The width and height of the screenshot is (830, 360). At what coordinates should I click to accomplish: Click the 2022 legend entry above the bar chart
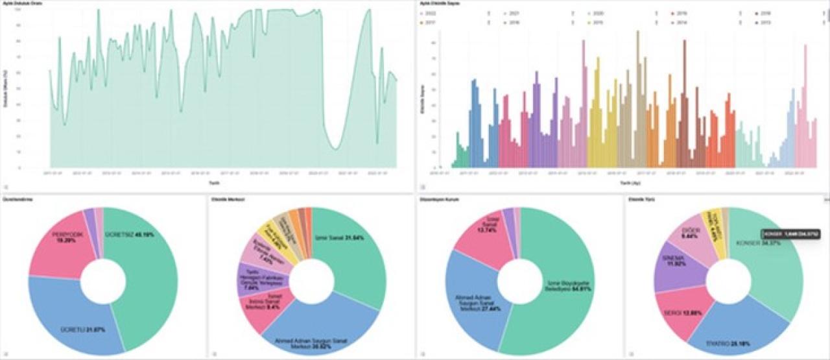[x=428, y=13]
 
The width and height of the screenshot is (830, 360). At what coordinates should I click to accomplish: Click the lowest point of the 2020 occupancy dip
[x=335, y=149]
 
